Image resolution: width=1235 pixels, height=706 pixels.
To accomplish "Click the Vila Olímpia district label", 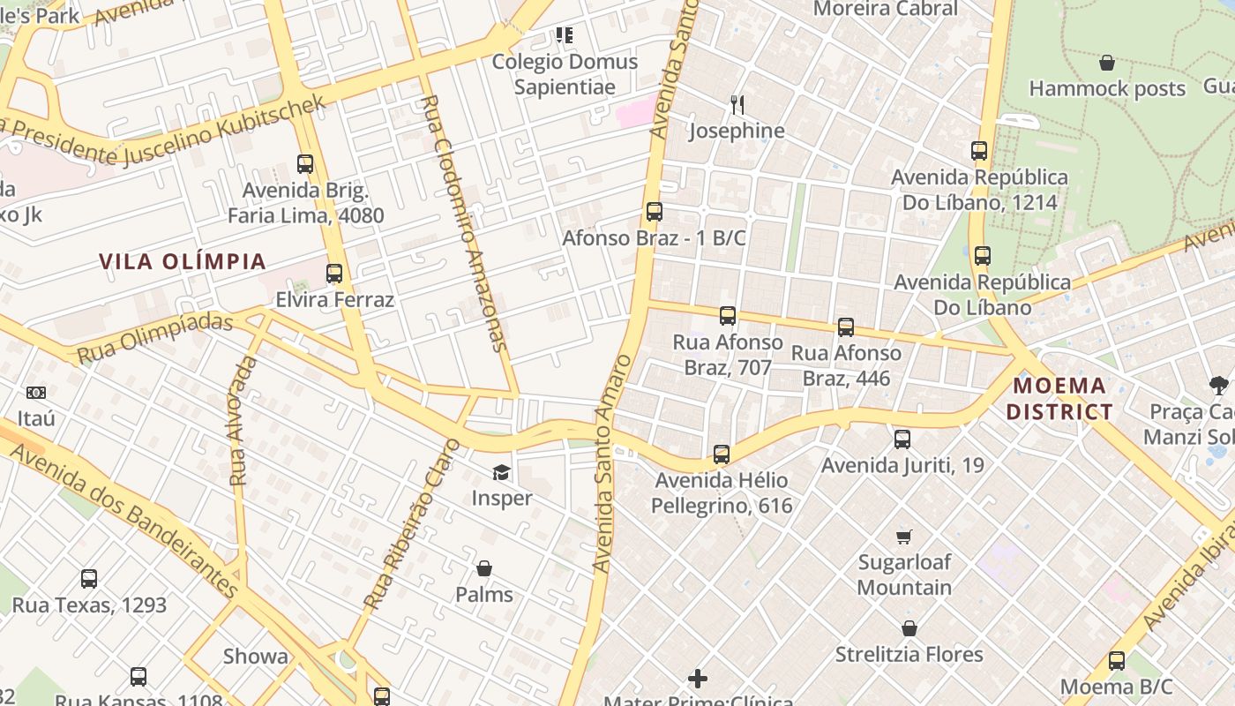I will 182,261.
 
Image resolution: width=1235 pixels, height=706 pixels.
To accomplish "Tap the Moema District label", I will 1059,398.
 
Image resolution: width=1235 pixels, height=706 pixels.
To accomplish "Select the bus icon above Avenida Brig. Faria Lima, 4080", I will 305,164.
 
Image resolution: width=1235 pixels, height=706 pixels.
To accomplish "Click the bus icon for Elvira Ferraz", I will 334,274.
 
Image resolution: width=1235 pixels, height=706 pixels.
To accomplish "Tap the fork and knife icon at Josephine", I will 737,105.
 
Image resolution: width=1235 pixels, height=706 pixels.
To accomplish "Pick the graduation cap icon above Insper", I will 501,472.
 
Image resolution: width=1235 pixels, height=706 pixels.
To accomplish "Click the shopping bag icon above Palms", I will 483,568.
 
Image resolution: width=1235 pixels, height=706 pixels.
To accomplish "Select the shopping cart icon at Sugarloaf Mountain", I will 904,537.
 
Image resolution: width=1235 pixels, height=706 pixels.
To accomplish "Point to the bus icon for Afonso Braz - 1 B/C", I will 655,212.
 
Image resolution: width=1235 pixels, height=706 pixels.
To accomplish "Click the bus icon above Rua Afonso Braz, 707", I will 728,316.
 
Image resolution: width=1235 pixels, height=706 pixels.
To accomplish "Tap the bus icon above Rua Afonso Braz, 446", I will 846,327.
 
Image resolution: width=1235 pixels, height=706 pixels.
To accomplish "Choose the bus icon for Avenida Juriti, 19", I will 902,439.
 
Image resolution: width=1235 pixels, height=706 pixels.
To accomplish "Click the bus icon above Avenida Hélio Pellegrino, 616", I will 722,454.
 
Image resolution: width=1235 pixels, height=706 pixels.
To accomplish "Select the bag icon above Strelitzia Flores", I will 909,629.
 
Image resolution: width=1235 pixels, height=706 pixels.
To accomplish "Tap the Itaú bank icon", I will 36,393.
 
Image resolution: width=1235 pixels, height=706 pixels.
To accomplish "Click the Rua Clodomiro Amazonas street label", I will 464,225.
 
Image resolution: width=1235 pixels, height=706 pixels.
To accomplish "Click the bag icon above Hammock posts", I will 1107,63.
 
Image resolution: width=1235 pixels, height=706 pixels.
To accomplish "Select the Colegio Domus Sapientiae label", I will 565,74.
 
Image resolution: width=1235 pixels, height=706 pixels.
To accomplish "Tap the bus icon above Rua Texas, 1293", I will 89,579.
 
